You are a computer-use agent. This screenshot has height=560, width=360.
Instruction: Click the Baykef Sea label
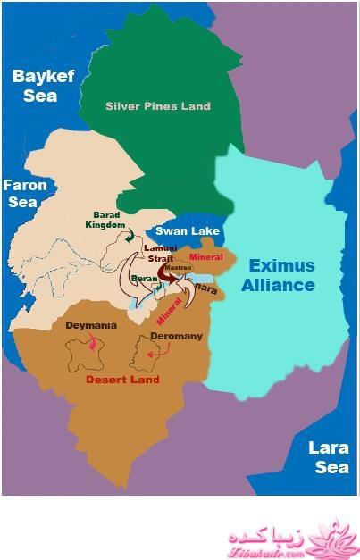click(34, 85)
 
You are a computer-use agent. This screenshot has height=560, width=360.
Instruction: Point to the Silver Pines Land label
click(157, 106)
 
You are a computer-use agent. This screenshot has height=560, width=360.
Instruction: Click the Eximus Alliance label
click(281, 275)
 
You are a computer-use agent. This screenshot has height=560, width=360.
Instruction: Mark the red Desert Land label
click(122, 380)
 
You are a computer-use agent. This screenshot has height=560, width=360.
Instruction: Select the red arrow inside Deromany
click(155, 354)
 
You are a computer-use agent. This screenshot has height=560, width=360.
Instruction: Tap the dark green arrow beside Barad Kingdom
click(130, 233)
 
